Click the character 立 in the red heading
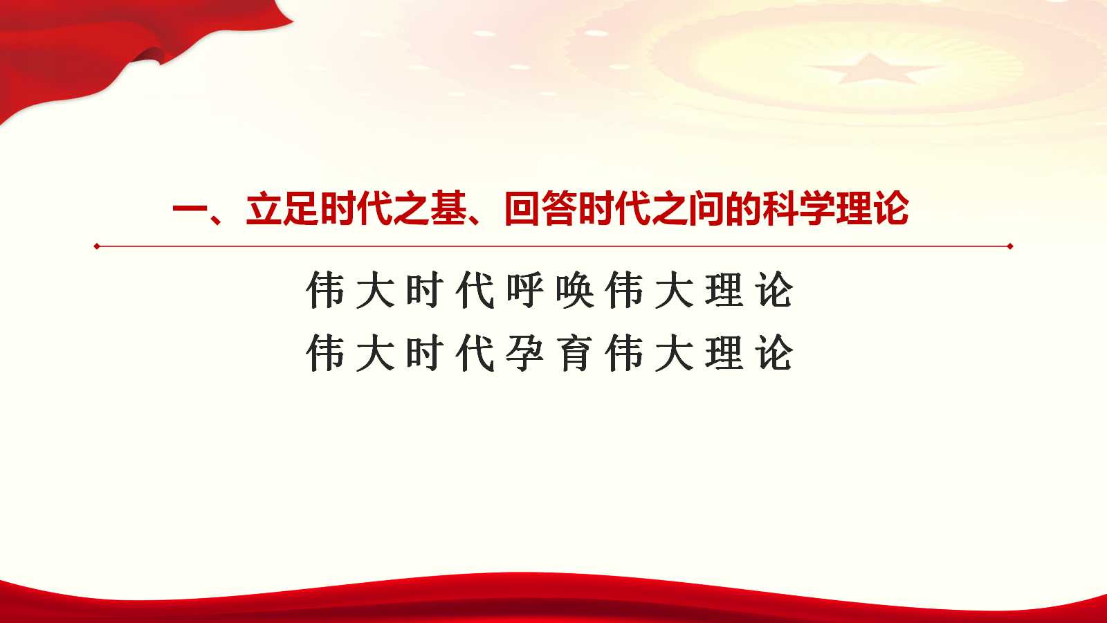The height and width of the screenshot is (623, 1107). tap(264, 208)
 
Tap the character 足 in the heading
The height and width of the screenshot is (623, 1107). tap(300, 208)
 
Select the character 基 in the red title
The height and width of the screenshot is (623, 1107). tap(448, 208)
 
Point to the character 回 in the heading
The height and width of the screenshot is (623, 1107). tap(522, 208)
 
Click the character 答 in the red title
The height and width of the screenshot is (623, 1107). tap(559, 208)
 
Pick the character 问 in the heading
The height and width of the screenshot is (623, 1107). tap(706, 208)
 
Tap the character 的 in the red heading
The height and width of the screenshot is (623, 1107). tap(743, 208)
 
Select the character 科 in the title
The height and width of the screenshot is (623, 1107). tap(780, 208)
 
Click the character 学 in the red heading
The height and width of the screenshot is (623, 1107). tap(817, 208)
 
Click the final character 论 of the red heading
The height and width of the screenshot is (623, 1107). tap(891, 208)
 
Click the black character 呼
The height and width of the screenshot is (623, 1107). tap(525, 290)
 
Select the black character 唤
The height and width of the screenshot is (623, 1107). tap(575, 290)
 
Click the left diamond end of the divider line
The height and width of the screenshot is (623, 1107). tap(97, 246)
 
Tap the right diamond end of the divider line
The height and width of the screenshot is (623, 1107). tap(1010, 246)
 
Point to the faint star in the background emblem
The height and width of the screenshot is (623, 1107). tap(872, 69)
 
